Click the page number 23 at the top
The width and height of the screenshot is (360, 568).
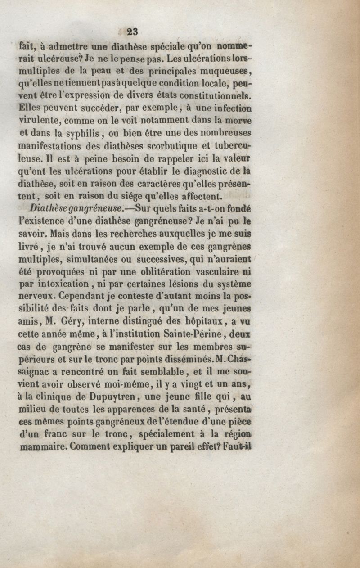[132, 31]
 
